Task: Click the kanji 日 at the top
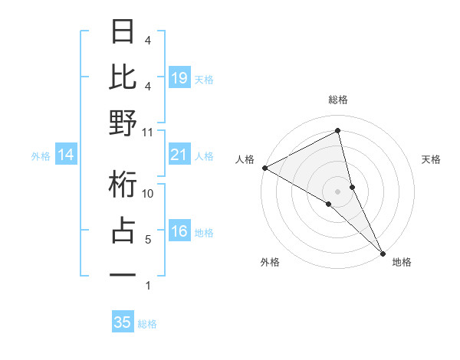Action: [123, 32]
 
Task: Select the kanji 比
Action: [123, 77]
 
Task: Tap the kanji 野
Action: [123, 123]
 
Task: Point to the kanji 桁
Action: [123, 185]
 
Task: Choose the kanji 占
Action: [123, 231]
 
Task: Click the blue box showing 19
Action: [179, 77]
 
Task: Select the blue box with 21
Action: [179, 155]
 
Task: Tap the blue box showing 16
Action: [179, 232]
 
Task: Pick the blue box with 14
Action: [66, 155]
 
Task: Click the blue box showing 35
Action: [123, 322]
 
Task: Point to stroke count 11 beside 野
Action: [148, 132]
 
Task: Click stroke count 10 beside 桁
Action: [148, 194]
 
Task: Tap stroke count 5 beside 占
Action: [148, 240]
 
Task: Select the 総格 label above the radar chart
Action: [337, 100]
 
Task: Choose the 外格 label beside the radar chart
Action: [270, 262]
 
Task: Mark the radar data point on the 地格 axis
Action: [383, 253]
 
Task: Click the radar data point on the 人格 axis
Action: [264, 167]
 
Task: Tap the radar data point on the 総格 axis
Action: [337, 131]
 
